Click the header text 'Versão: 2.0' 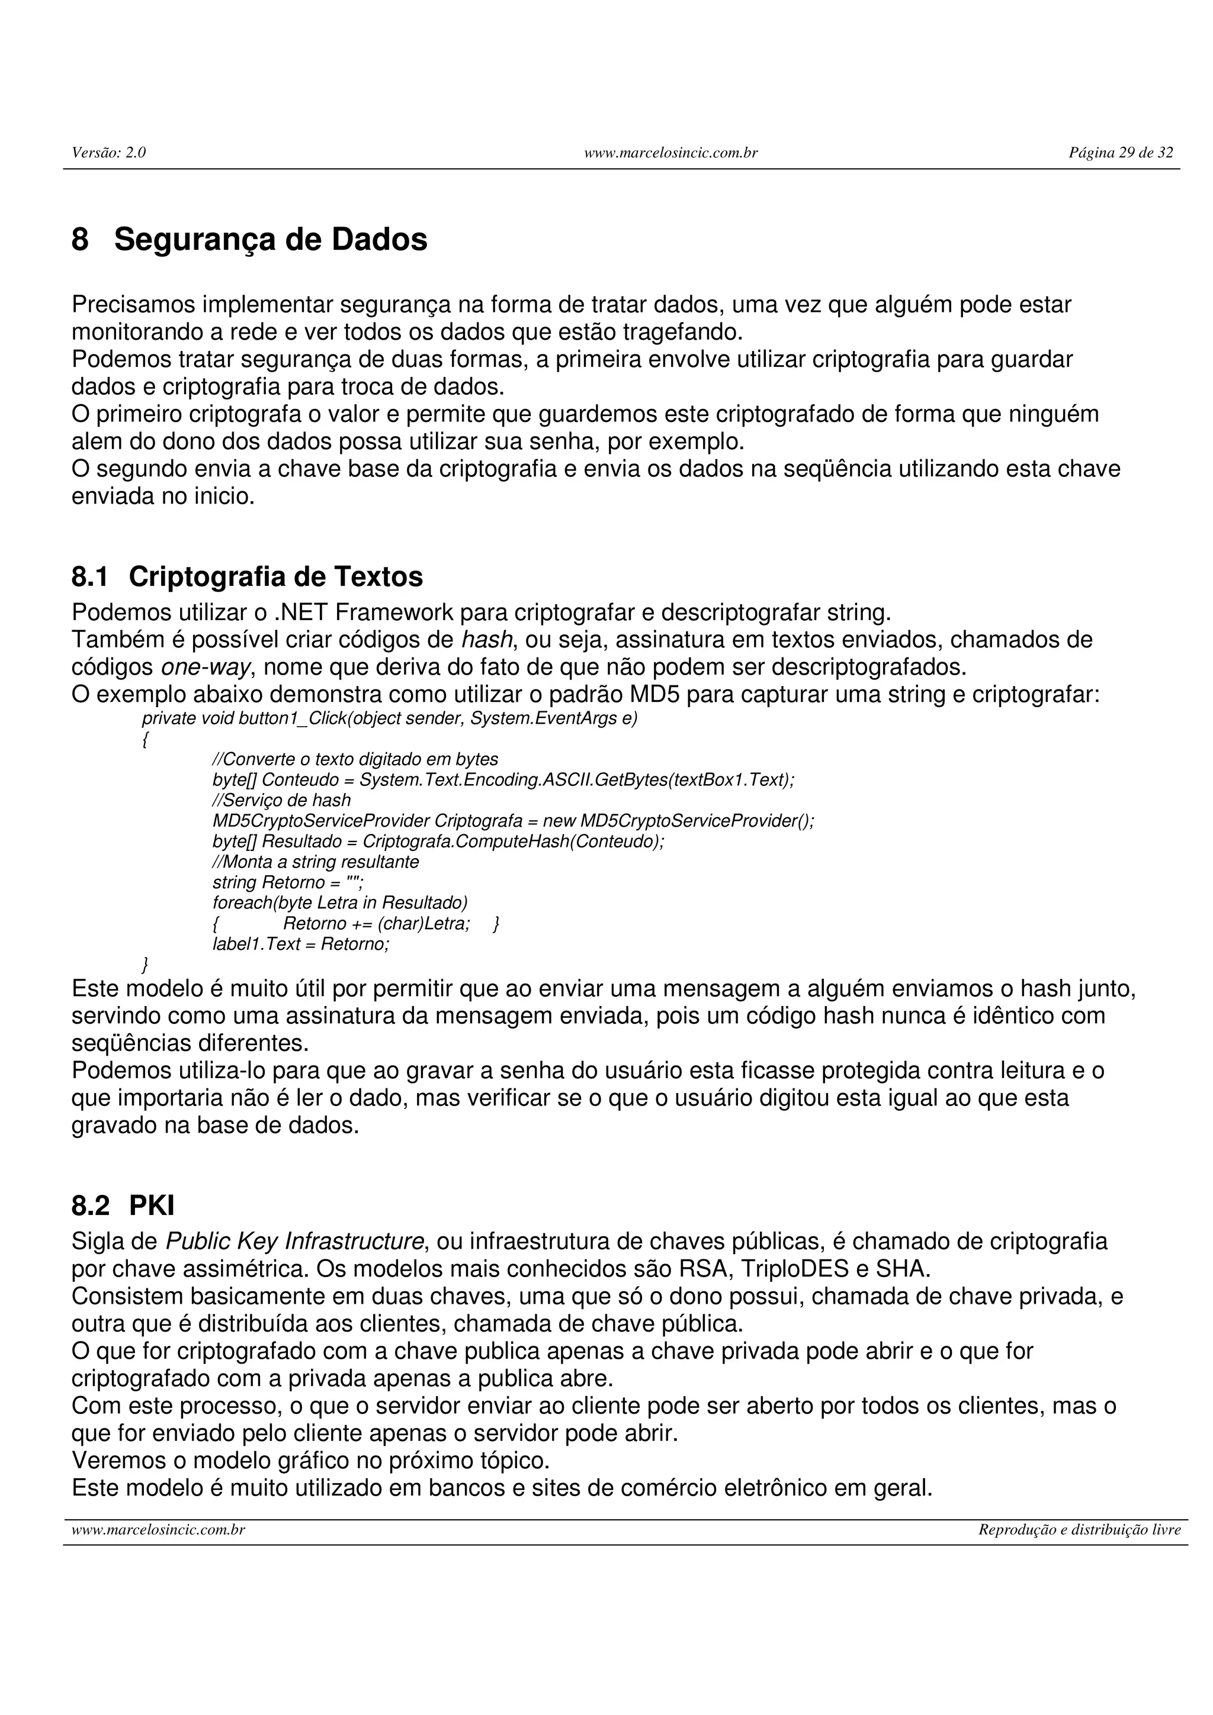[108, 153]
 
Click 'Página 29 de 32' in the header [1121, 153]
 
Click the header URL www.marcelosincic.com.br [670, 153]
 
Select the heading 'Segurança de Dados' [271, 240]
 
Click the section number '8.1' [89, 576]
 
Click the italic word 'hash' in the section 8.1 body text [486, 640]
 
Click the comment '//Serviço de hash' [282, 800]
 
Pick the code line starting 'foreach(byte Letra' [339, 903]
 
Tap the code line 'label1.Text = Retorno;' [301, 944]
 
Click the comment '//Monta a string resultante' [316, 862]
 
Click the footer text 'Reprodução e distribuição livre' [1079, 1530]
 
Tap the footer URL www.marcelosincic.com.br [159, 1530]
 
